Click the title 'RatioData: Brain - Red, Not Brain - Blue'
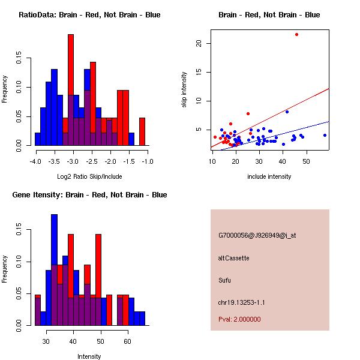pos(89,15)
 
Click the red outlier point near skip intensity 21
pos(296,34)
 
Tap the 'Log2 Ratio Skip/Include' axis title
pos(89,176)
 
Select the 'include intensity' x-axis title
pos(269,176)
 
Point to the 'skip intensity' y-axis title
pos(184,90)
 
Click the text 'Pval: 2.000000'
pos(239,319)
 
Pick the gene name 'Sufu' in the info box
pos(225,280)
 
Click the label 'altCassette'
pos(233,258)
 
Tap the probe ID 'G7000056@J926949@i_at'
pos(257,235)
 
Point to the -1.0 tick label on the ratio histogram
pos(148,161)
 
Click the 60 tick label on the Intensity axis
pos(127,341)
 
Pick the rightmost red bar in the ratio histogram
pos(142,131)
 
